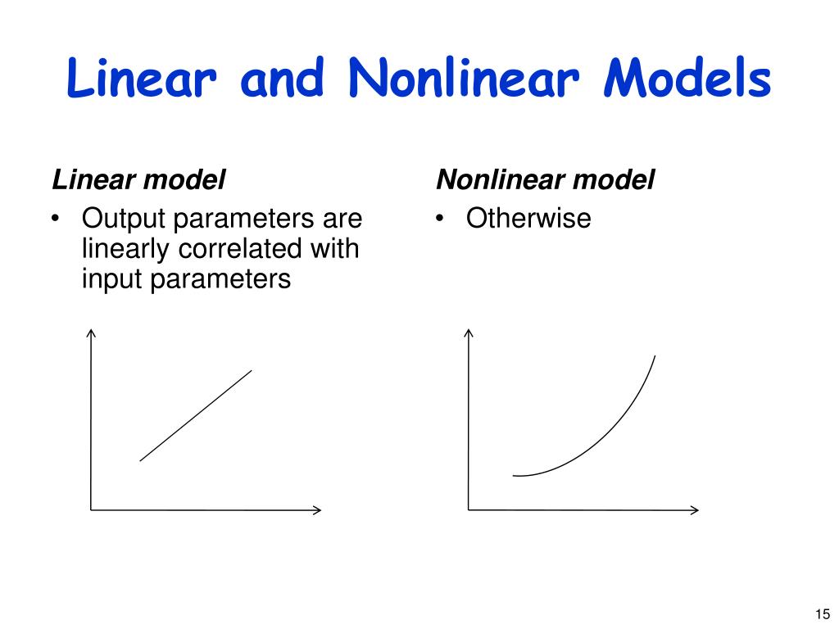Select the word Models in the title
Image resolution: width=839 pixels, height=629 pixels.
(687, 80)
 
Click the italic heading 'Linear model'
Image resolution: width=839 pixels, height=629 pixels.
(138, 179)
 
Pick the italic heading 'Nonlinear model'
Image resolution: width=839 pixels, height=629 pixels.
(545, 179)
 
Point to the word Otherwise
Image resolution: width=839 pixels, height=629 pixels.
(528, 219)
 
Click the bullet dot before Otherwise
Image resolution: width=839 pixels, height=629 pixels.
(441, 219)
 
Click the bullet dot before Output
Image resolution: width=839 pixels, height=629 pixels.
(56, 219)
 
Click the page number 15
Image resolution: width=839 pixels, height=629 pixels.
(823, 613)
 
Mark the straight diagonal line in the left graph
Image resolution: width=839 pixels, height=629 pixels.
(196, 415)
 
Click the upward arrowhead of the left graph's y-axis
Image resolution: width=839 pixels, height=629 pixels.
(91, 333)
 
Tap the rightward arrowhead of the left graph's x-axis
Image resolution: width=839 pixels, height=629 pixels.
(317, 509)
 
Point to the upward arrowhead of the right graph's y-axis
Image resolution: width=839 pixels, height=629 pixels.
(469, 333)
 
